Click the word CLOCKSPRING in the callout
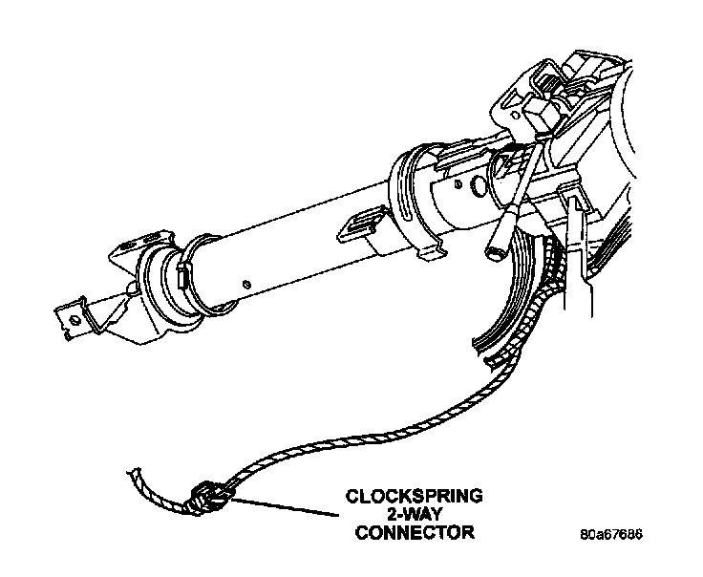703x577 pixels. point(414,496)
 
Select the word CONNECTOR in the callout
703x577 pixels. point(414,532)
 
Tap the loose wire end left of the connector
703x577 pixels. point(143,478)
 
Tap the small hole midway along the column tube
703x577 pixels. point(246,282)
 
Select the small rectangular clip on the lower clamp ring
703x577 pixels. point(182,280)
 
